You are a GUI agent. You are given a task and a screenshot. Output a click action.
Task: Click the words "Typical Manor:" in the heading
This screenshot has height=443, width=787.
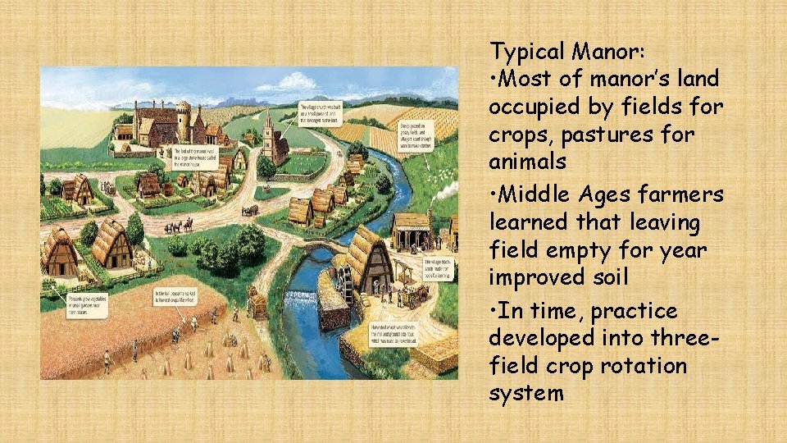567,52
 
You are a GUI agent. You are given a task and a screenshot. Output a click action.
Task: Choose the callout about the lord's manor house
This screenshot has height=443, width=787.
196,157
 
